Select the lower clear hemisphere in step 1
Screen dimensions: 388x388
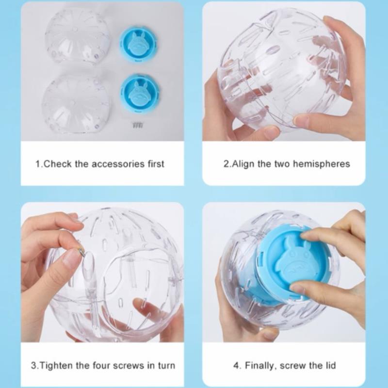pyautogui.click(x=76, y=103)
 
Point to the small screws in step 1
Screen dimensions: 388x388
pyautogui.click(x=138, y=125)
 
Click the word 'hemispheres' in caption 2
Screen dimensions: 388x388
pyautogui.click(x=321, y=164)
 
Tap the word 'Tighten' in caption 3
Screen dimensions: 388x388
pyautogui.click(x=56, y=366)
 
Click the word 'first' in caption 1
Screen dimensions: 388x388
pyautogui.click(x=156, y=164)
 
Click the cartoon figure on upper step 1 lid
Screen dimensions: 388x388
pyautogui.click(x=138, y=42)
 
